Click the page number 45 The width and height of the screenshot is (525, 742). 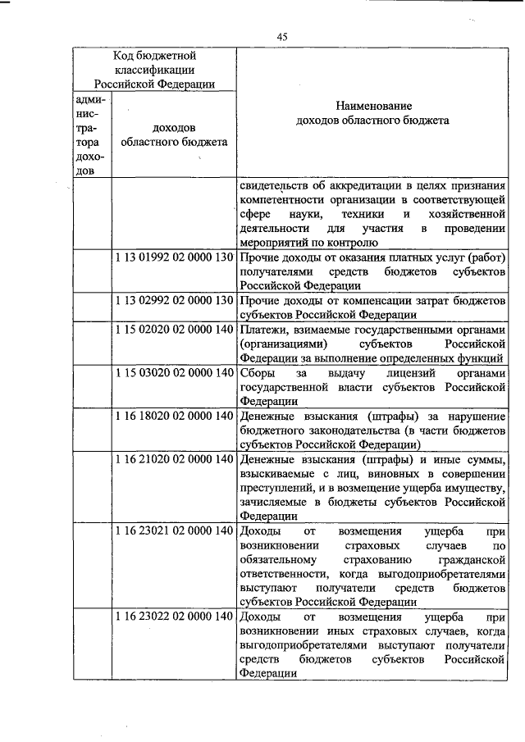(282, 36)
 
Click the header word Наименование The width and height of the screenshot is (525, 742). (372, 106)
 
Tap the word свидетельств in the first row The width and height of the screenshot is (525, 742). (275, 184)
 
